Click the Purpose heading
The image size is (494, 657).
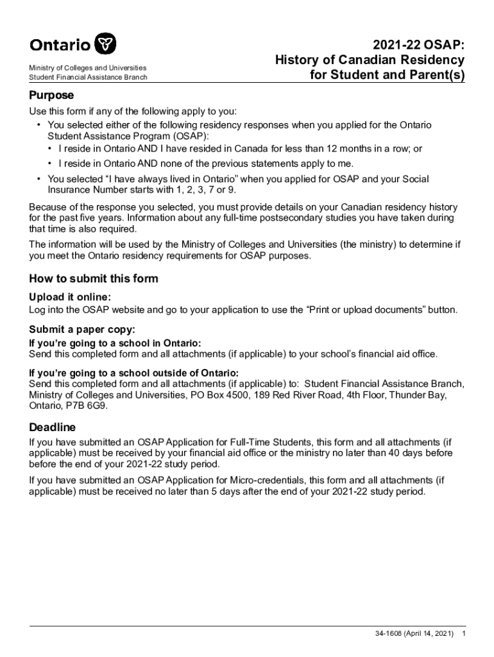51,95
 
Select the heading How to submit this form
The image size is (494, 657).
94,278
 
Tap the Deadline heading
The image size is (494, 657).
53,427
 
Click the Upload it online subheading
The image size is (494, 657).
70,297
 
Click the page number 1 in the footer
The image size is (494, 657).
464,634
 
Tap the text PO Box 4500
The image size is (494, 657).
216,395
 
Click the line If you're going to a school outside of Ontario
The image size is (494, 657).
133,373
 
